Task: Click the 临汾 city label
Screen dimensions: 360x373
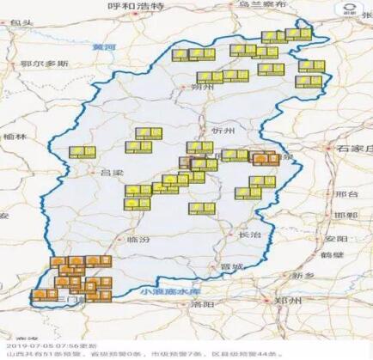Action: click(138, 240)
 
